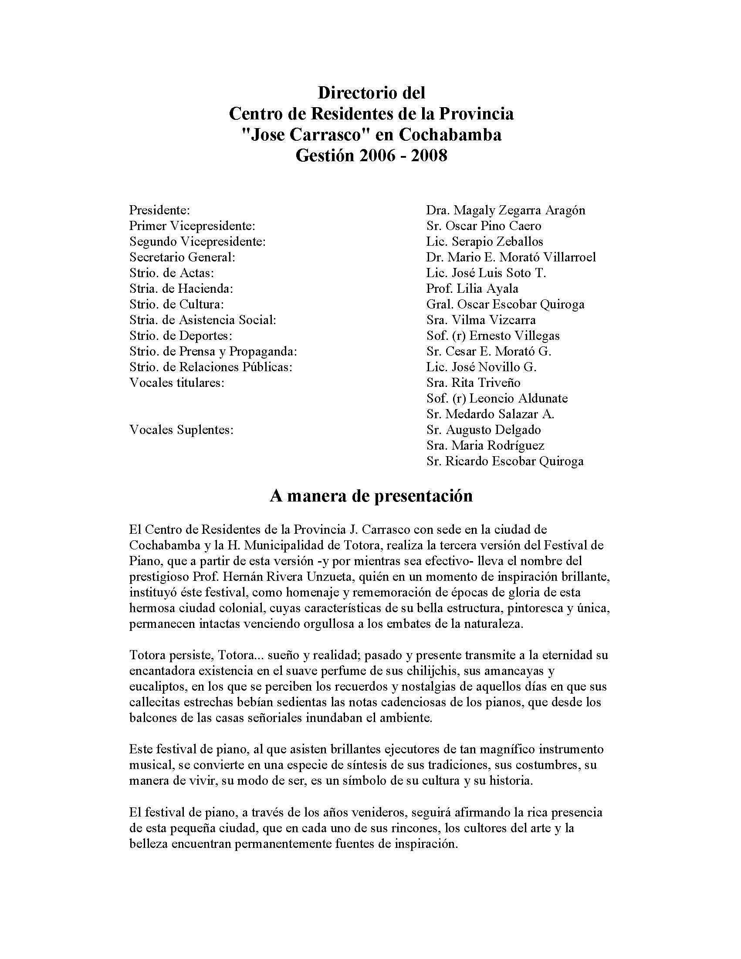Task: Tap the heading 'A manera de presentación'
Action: point(371,496)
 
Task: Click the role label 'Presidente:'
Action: point(159,210)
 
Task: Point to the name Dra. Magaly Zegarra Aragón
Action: point(505,210)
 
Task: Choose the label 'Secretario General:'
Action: point(182,257)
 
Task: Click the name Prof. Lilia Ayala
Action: point(472,288)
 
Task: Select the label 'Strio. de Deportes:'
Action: point(180,335)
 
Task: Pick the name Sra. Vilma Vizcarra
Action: point(480,320)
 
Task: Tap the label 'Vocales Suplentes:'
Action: point(181,430)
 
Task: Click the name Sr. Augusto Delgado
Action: point(483,430)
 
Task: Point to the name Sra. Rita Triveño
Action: point(473,383)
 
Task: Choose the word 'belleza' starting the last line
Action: point(149,844)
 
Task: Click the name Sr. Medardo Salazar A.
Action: point(490,413)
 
